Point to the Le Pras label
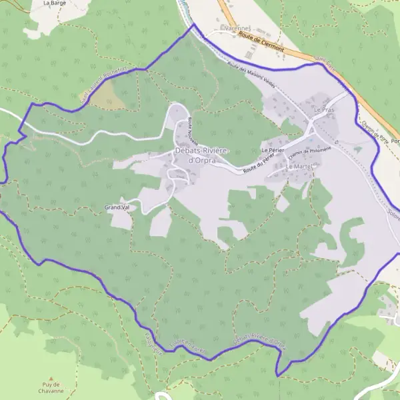[324, 109]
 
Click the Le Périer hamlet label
[273, 151]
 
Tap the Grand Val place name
[117, 207]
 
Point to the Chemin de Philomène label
[310, 153]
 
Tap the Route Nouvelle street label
[193, 129]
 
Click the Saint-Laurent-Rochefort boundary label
[103, 83]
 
